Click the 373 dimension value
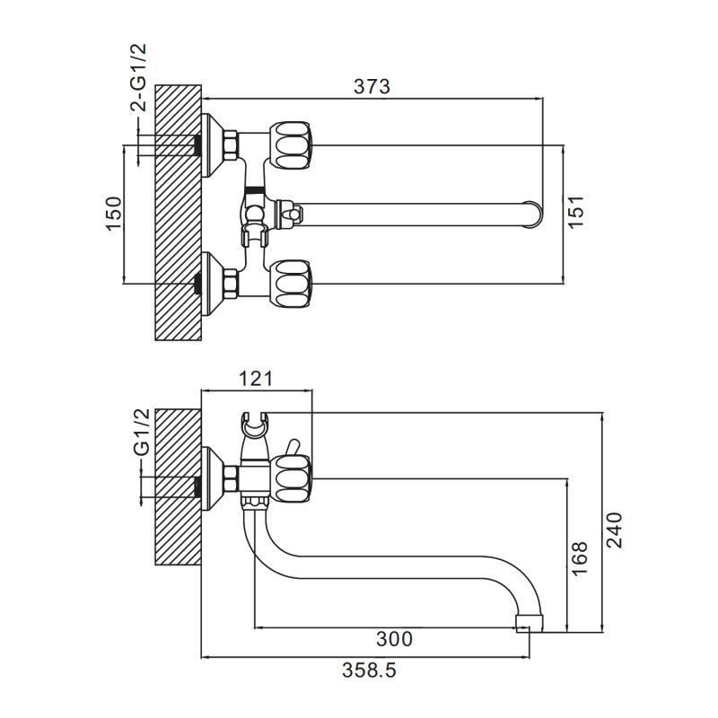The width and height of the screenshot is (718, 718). (x=372, y=86)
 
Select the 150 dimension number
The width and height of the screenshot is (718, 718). (x=114, y=214)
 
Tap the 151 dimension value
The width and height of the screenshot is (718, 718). (x=577, y=213)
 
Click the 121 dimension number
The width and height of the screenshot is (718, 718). (x=257, y=379)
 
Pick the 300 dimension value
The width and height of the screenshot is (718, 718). (x=394, y=639)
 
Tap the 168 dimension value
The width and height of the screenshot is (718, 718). (x=579, y=557)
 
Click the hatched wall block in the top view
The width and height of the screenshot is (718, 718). (x=179, y=213)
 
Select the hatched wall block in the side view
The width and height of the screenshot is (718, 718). (x=179, y=487)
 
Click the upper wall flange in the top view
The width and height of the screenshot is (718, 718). (x=213, y=144)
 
